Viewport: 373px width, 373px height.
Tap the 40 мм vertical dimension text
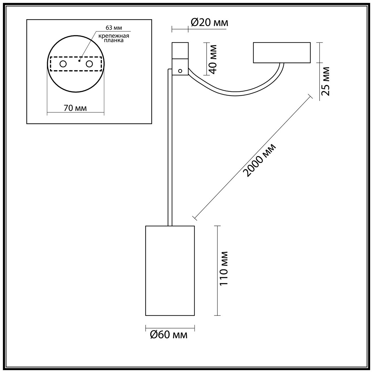pyautogui.click(x=213, y=59)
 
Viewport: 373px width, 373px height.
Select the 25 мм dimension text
pyautogui.click(x=325, y=81)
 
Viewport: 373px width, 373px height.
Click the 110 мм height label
pyautogui.click(x=223, y=268)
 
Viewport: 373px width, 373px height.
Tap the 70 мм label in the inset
pyautogui.click(x=75, y=108)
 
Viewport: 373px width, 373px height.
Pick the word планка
pyautogui.click(x=114, y=40)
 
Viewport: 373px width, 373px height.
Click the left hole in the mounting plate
pyautogui.click(x=63, y=64)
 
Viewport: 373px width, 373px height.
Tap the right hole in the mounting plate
pyautogui.click(x=90, y=64)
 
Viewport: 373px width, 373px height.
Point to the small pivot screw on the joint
pyautogui.click(x=180, y=70)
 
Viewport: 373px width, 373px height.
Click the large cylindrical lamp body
pyautogui.click(x=170, y=270)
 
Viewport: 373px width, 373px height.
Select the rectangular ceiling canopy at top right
pyautogui.click(x=281, y=53)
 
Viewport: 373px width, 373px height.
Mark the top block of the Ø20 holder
pyautogui.click(x=180, y=50)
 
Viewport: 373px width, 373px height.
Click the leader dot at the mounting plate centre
pyautogui.click(x=79, y=61)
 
